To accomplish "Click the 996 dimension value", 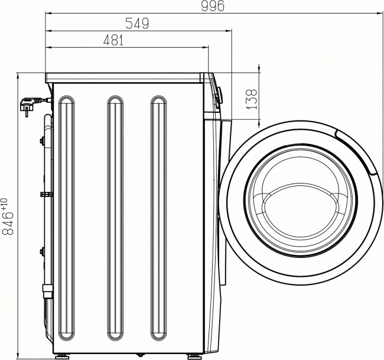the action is tap(212, 6).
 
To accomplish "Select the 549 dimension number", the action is tap(137, 24).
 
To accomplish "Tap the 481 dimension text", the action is tap(113, 40).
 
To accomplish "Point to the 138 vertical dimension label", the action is tap(252, 99).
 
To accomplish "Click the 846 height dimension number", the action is tap(8, 223).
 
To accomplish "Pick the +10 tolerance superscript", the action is tap(5, 204).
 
